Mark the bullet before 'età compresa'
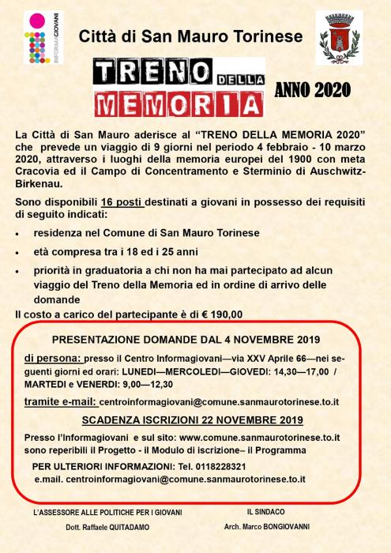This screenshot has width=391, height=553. tap(17, 252)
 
